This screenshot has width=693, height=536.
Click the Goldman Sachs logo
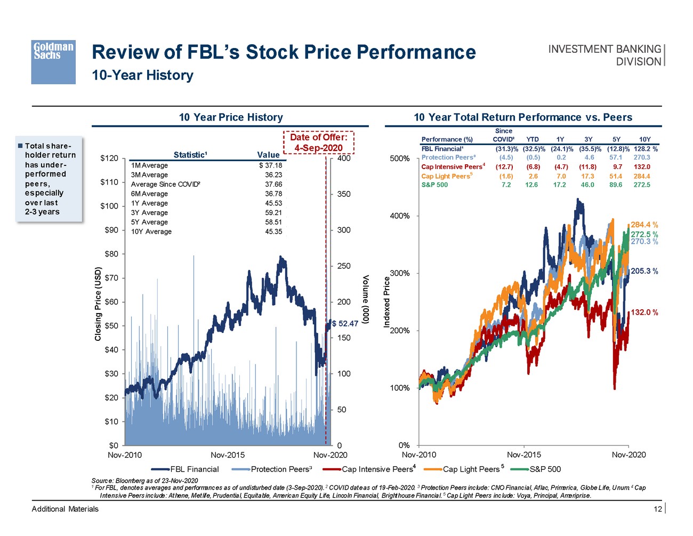53,62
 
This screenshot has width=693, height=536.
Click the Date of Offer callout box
318,142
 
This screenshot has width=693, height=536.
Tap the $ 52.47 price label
345,324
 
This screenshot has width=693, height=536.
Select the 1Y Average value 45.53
273,203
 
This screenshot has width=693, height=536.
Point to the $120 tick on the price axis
109,158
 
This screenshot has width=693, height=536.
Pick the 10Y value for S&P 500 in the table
642,185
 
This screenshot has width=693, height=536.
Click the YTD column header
532,139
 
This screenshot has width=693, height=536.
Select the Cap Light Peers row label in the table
446,176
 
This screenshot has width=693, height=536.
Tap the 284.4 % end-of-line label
644,225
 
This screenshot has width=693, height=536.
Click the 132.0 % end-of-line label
644,313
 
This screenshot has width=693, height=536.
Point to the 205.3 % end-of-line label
644,271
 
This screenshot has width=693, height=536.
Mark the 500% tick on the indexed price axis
399,158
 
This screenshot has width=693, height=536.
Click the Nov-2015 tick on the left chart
228,455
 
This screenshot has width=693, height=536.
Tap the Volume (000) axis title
366,299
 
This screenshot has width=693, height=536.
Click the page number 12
658,509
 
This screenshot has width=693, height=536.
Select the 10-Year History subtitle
142,75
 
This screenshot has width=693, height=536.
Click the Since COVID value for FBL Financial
504,149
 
